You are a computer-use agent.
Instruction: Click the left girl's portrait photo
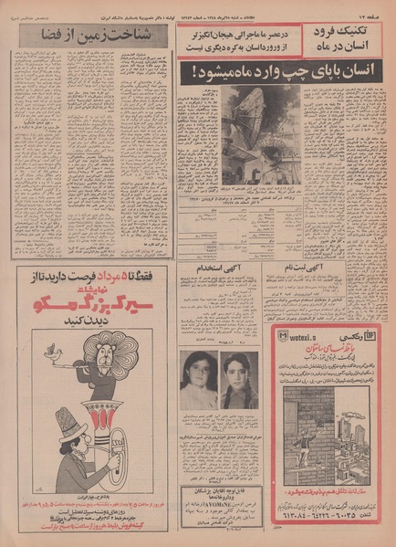[197, 380]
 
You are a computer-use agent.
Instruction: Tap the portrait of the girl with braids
[236, 380]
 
